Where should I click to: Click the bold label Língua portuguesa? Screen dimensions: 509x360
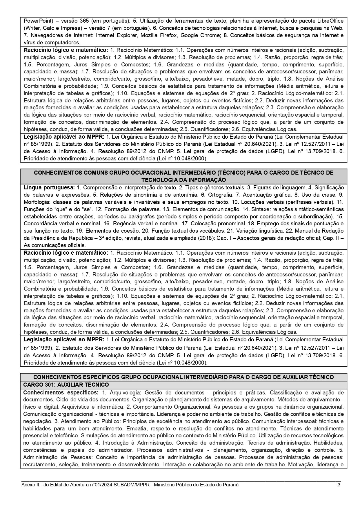coord(49,188)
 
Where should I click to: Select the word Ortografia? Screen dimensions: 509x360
coord(219,195)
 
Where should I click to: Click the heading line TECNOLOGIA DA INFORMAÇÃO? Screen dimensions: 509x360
coord(183,180)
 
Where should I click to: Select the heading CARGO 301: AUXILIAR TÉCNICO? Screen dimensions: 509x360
coord(66,385)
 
